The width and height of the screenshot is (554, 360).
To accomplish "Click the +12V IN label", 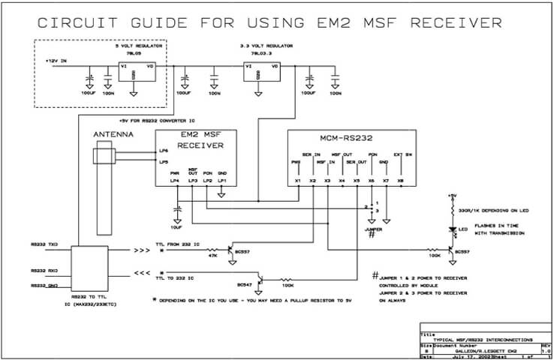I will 58,61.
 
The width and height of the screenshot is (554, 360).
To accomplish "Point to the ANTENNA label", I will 112,135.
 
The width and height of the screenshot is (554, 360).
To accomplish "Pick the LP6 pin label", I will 164,152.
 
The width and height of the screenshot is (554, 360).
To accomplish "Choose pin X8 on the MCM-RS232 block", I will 400,181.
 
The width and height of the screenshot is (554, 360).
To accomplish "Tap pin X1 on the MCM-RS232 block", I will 298,181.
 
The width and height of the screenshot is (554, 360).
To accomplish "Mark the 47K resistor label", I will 212,256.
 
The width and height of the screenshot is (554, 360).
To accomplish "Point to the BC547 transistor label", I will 244,285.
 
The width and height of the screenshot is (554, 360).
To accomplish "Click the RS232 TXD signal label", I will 44,244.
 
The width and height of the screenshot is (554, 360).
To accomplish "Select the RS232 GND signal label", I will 44,286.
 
